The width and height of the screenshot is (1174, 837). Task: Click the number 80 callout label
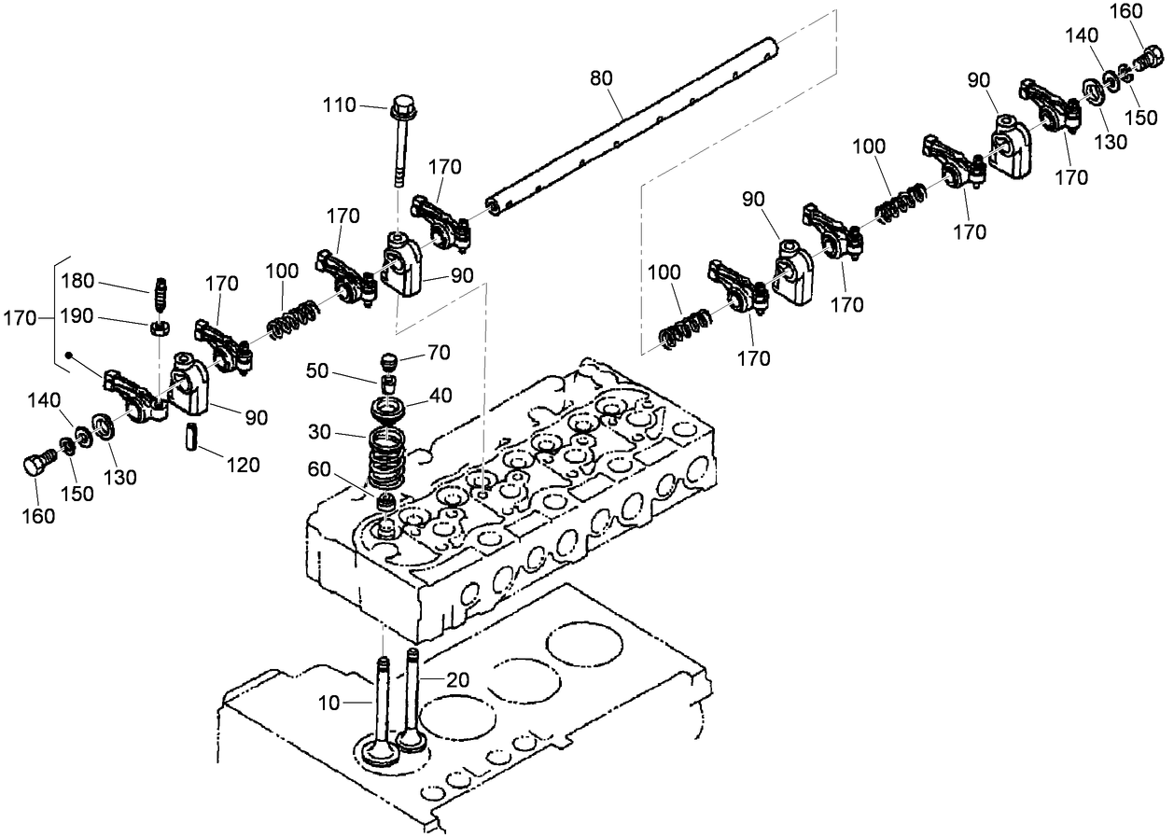pos(602,77)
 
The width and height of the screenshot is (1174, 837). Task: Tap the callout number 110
pos(340,105)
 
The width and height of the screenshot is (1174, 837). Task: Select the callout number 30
pos(321,434)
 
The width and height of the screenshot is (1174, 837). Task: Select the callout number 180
pos(78,281)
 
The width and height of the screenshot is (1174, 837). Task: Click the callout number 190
pos(78,316)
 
